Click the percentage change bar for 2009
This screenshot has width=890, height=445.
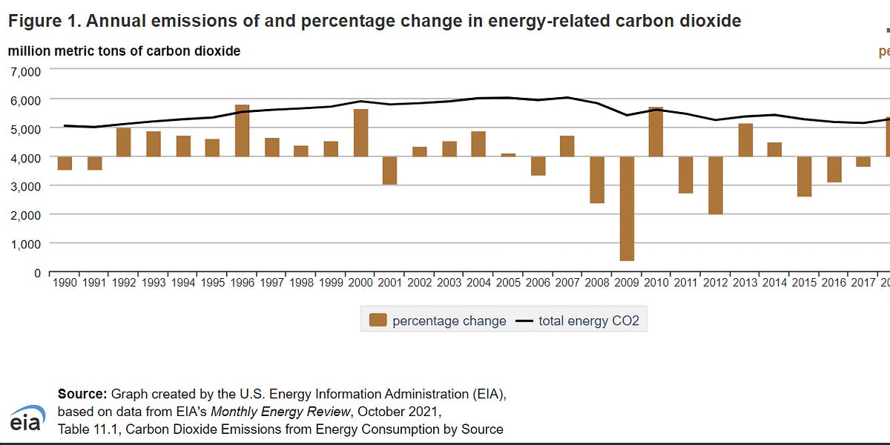point(627,208)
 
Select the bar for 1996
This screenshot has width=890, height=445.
point(243,131)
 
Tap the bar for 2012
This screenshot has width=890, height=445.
point(715,185)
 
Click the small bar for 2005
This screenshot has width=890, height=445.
point(508,155)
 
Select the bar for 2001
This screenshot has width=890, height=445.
point(390,171)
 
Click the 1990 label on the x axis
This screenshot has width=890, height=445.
point(65,283)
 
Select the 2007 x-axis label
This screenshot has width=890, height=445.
point(567,283)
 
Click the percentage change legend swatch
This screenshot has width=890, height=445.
point(378,320)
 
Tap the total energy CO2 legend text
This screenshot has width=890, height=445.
point(589,321)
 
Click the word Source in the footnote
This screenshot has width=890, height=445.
point(82,393)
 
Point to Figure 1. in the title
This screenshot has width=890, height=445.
point(43,22)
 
